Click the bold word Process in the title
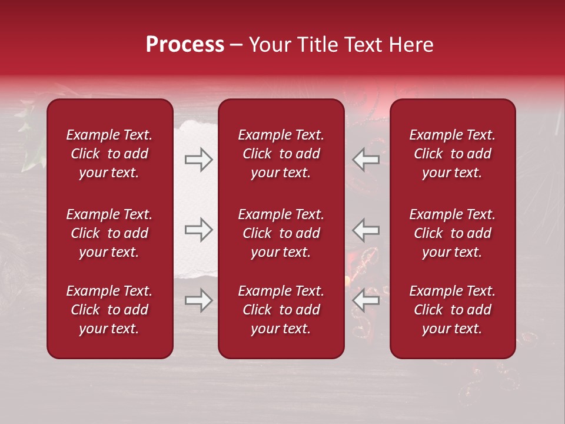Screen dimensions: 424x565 click(x=185, y=45)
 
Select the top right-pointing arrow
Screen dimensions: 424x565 click(x=199, y=160)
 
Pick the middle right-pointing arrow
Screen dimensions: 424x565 click(x=199, y=230)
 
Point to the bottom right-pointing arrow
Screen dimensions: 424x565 click(x=199, y=301)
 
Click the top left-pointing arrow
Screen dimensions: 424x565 click(x=365, y=160)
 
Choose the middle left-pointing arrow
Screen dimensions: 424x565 click(x=365, y=230)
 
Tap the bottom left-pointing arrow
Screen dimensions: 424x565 click(x=365, y=301)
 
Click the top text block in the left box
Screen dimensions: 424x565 click(x=109, y=154)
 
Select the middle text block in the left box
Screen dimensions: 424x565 click(x=109, y=233)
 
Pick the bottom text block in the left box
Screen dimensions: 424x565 click(x=109, y=310)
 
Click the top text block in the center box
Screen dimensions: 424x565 click(x=281, y=154)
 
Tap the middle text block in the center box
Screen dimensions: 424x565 click(x=281, y=233)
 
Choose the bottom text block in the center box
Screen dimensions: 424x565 click(x=281, y=310)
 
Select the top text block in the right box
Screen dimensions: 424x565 click(x=452, y=154)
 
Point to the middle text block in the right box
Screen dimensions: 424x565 click(x=452, y=233)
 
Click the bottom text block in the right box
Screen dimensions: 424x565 click(x=452, y=310)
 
